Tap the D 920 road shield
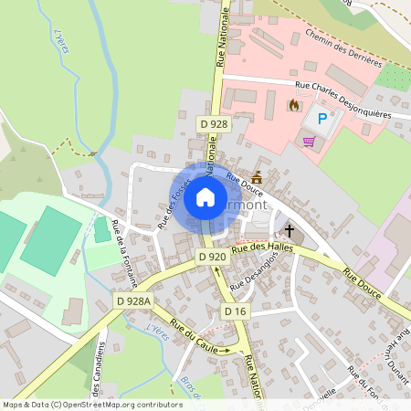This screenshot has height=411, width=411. [x=212, y=258]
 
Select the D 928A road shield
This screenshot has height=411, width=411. [x=133, y=300]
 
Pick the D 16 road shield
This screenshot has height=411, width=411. [x=236, y=311]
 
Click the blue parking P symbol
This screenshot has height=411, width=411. [x=321, y=118]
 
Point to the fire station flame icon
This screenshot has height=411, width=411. [x=293, y=105]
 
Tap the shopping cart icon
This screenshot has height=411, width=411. [x=309, y=142]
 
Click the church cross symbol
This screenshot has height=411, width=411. [x=289, y=230]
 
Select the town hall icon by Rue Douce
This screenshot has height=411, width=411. [x=257, y=176]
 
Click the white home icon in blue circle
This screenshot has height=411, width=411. [x=205, y=197]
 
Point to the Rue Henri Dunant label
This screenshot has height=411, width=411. [x=395, y=352]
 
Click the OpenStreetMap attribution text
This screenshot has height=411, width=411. [x=91, y=404]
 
